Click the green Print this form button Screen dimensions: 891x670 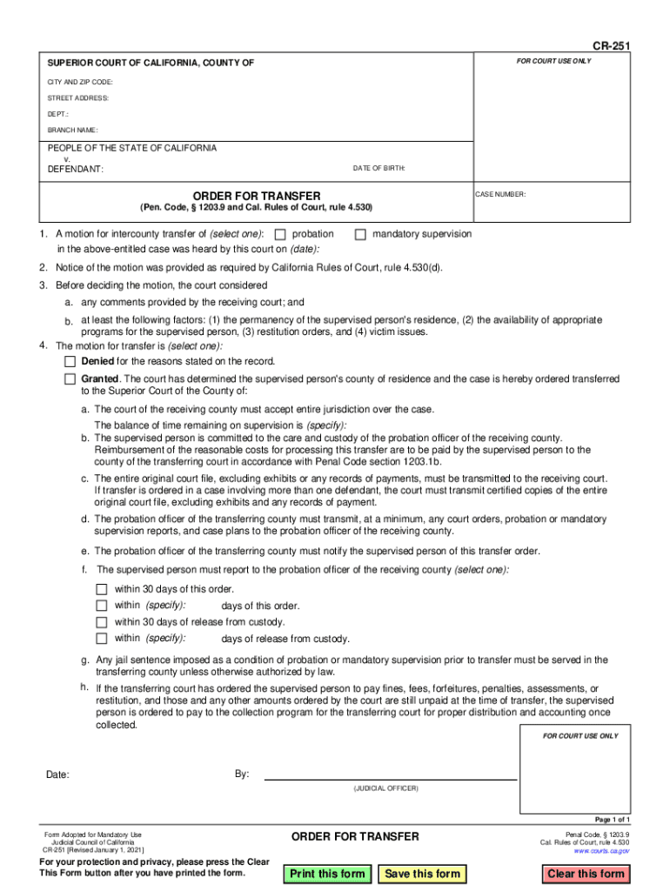pyautogui.click(x=327, y=874)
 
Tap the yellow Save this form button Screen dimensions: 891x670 pyautogui.click(x=422, y=874)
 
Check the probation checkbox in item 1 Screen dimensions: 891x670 pyautogui.click(x=280, y=235)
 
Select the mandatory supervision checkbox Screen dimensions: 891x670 pyautogui.click(x=360, y=235)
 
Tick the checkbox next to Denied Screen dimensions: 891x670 pyautogui.click(x=70, y=361)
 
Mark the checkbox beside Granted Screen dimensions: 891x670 pyautogui.click(x=70, y=380)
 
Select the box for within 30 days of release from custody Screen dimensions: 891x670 pyautogui.click(x=101, y=622)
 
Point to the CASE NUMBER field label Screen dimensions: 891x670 pyautogui.click(x=500, y=195)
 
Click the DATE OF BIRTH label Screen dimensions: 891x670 pyautogui.click(x=379, y=168)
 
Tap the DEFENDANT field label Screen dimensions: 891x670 pyautogui.click(x=75, y=169)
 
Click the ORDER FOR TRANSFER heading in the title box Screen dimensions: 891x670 pyautogui.click(x=256, y=196)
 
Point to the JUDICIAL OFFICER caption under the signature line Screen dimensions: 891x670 pyautogui.click(x=385, y=788)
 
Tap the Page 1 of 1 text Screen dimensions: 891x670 pyautogui.click(x=612, y=820)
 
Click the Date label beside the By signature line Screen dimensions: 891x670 pyautogui.click(x=57, y=775)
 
